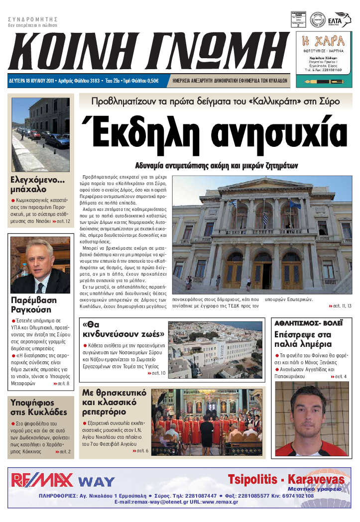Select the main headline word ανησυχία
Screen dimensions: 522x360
pyautogui.click(x=279, y=133)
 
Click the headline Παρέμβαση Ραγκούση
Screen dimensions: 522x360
pyautogui.click(x=34, y=305)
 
